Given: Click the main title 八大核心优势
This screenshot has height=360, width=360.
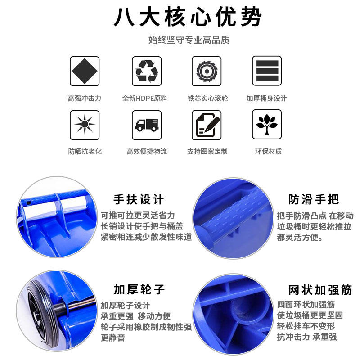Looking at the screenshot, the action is [x=188, y=17].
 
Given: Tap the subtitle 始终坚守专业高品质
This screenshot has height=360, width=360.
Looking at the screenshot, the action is [x=189, y=40].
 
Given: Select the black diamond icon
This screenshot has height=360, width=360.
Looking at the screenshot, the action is [x=85, y=71].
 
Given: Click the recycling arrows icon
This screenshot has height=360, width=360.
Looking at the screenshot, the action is [x=147, y=71].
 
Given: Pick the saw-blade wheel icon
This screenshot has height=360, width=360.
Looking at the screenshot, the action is [x=207, y=71].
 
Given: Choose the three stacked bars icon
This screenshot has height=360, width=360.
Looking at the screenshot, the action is [x=267, y=71].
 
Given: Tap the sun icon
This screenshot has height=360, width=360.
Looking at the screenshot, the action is [x=85, y=124].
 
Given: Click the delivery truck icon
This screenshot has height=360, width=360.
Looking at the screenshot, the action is [x=147, y=125].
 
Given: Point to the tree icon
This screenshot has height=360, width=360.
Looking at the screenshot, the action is [x=267, y=124].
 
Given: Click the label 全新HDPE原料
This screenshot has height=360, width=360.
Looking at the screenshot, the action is [x=145, y=99].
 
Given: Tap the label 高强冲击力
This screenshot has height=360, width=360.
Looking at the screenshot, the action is [x=85, y=99].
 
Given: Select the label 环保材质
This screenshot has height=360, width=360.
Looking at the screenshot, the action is [x=268, y=152].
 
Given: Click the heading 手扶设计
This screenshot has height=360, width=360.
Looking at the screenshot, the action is [x=139, y=199].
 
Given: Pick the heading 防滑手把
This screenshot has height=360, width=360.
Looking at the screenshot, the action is [x=314, y=199].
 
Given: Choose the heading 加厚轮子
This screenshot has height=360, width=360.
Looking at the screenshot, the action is [x=139, y=289].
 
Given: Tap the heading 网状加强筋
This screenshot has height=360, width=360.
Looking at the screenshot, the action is [x=320, y=290].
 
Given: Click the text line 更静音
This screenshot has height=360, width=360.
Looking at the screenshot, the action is [x=113, y=338].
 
